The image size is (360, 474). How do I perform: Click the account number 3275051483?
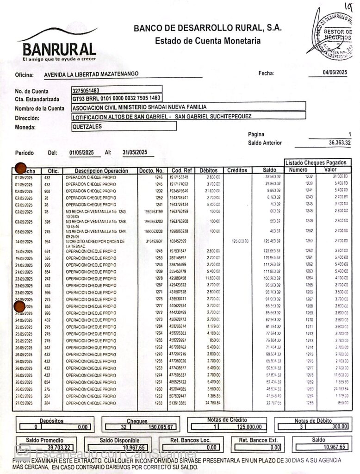pyautogui.click(x=86, y=90)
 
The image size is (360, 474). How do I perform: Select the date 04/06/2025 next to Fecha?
pyautogui.click(x=335, y=72)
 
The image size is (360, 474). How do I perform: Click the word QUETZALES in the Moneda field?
pyautogui.click(x=87, y=126)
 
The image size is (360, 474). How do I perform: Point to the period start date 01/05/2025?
pyautogui.click(x=82, y=152)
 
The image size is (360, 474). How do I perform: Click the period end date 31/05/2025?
pyautogui.click(x=135, y=152)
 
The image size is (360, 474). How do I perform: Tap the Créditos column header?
pyautogui.click(x=237, y=170)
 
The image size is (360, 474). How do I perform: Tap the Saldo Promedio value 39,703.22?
pyautogui.click(x=59, y=448)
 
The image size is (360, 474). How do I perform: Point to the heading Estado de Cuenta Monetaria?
pyautogui.click(x=207, y=41)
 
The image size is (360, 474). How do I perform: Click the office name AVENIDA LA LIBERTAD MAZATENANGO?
pyautogui.click(x=91, y=74)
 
